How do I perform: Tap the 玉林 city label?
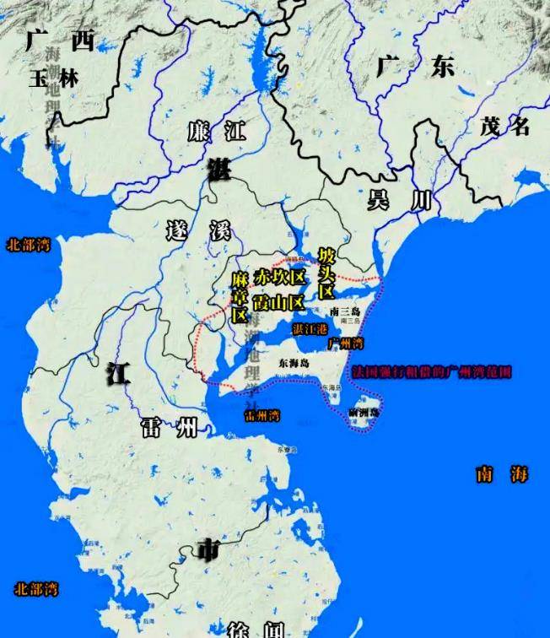click(x=53, y=78)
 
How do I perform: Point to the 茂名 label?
click(x=504, y=127)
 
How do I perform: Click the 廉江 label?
click(x=216, y=132)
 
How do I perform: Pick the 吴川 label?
click(x=399, y=200)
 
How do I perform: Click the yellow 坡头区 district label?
click(x=326, y=273)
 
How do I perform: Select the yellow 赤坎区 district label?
click(x=278, y=277)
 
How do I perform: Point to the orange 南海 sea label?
click(x=501, y=473)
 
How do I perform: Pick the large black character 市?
click(x=207, y=550)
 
